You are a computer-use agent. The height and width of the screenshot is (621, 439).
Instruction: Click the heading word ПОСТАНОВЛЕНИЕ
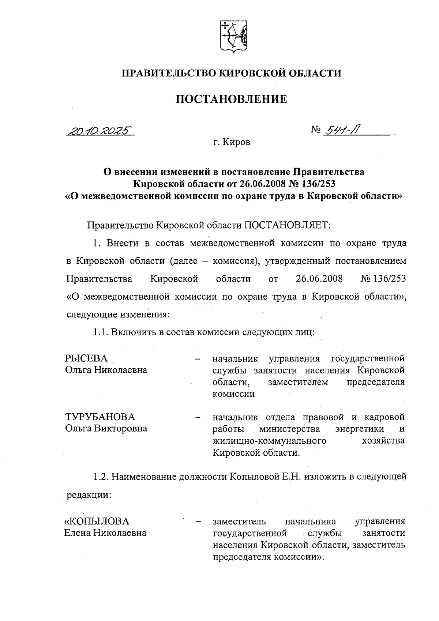point(231,99)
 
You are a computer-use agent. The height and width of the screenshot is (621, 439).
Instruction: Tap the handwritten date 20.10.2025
point(99,131)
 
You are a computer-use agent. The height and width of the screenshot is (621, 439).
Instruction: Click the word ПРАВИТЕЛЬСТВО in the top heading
point(169,73)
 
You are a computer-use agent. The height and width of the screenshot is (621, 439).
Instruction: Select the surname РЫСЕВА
point(87,358)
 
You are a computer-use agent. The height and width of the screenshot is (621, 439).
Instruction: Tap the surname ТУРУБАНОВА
point(100,417)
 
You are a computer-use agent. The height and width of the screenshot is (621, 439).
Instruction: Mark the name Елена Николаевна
point(105,533)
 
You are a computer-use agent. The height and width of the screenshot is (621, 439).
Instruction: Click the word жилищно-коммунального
point(269,440)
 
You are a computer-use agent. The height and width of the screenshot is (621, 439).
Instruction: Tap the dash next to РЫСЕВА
point(198,359)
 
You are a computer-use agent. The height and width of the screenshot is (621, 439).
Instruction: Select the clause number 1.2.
point(100,477)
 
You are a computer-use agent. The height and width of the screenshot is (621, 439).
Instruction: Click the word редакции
point(88,496)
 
